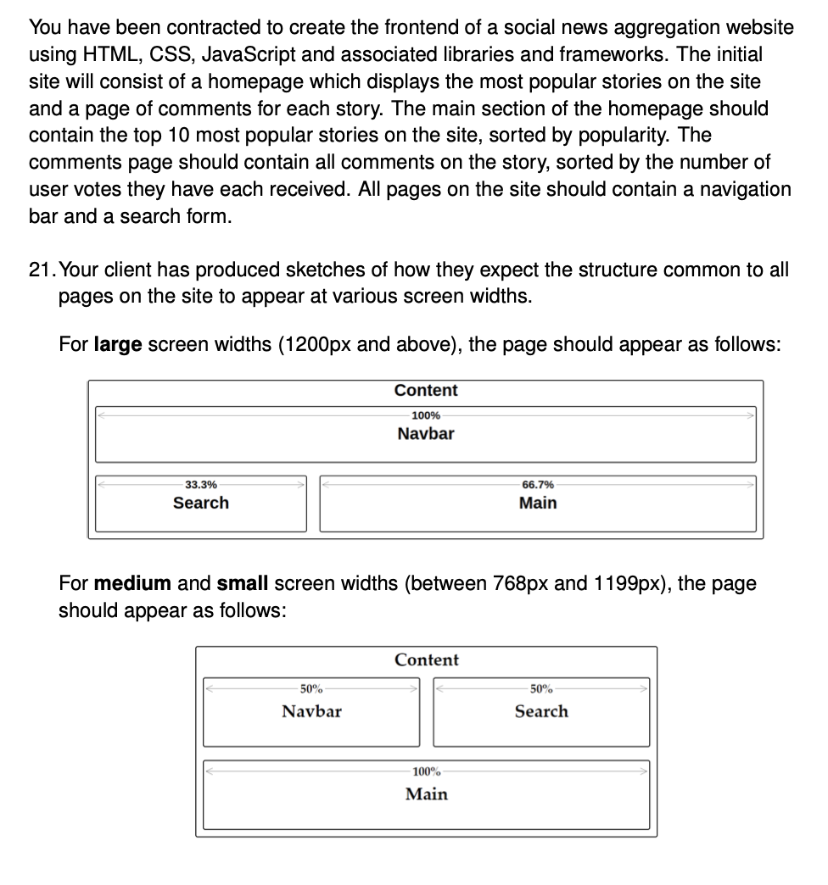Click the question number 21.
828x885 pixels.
tap(41, 270)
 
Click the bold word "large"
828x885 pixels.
tap(117, 345)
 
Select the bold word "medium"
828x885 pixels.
tap(132, 584)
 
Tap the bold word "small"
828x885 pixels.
tap(243, 584)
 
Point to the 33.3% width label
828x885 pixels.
tap(200, 485)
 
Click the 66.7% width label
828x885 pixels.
tap(538, 485)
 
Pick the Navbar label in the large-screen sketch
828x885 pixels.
tap(426, 434)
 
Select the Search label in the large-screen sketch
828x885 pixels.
tap(200, 503)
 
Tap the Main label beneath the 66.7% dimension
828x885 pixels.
tap(538, 503)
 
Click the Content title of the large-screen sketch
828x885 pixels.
tap(426, 391)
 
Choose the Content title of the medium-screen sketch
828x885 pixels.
tap(426, 660)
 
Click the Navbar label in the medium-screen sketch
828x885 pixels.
tap(311, 711)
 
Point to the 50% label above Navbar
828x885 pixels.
tap(311, 689)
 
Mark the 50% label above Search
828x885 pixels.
tap(541, 689)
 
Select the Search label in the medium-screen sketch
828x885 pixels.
tap(541, 711)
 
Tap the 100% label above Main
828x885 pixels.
tap(426, 772)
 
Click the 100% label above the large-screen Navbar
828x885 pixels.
tap(426, 415)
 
